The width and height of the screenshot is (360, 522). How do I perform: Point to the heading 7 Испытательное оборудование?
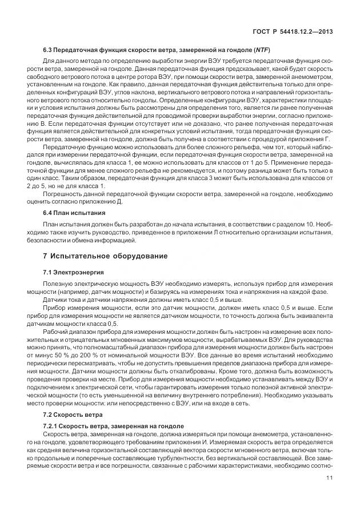(x=101, y=256)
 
